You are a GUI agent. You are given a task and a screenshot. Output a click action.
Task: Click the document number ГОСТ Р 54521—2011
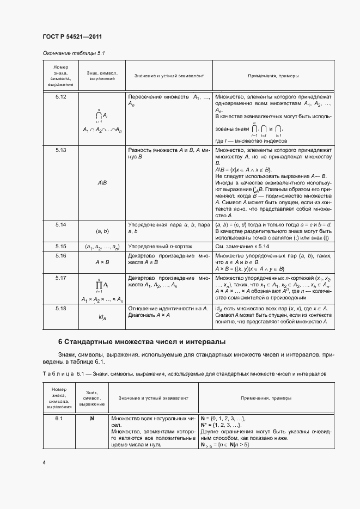[72, 37]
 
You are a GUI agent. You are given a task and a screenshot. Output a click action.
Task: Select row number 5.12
[61, 96]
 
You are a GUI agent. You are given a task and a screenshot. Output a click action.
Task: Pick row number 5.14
[61, 224]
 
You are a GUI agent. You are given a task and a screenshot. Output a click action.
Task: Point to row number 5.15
[61, 246]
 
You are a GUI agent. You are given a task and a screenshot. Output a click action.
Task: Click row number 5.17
[61, 278]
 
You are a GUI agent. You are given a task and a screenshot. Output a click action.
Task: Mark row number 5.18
[61, 308]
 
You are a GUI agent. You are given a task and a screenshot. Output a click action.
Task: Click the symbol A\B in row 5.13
[102, 183]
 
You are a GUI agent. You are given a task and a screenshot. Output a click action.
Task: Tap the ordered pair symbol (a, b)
[102, 231]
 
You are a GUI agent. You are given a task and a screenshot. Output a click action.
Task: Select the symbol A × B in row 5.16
[102, 262]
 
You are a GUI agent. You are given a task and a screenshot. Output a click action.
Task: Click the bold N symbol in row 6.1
[92, 418]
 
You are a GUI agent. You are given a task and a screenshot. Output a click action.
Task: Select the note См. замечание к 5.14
[242, 246]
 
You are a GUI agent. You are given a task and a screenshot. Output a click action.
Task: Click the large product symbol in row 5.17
[99, 284]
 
